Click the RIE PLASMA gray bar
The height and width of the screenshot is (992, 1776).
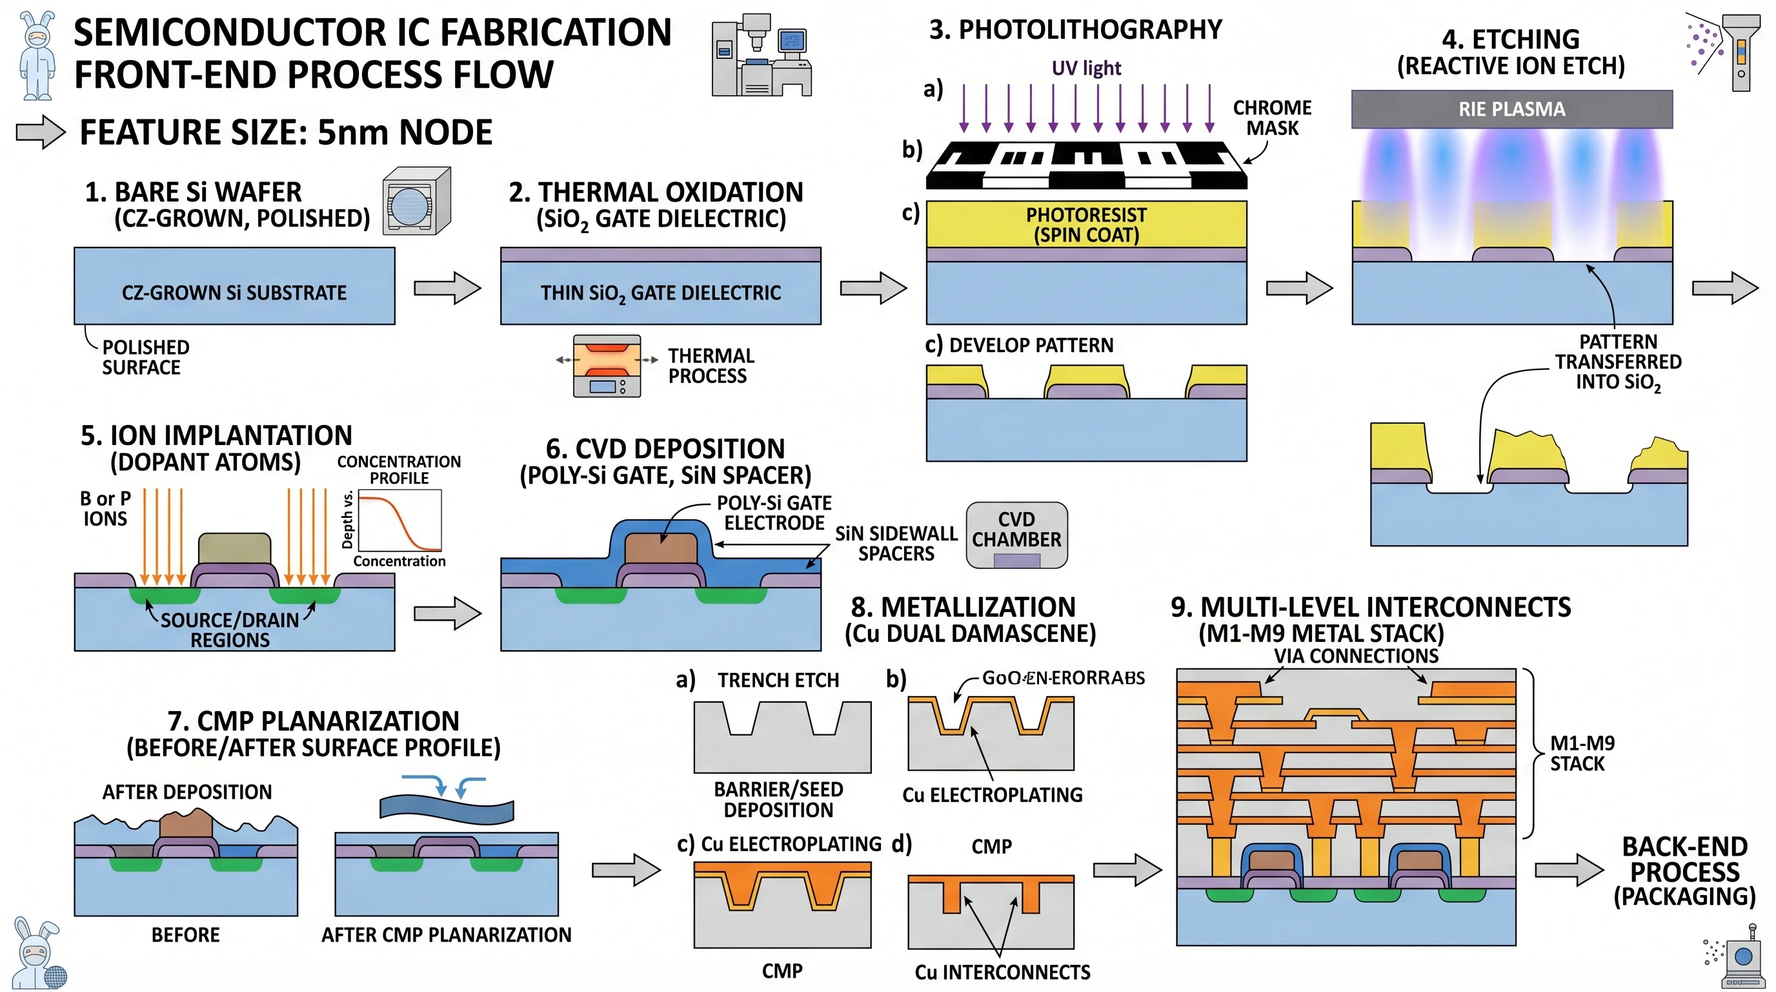[1511, 109]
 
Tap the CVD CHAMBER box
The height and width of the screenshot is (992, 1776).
[1016, 535]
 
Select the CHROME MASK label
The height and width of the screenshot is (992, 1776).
[1272, 118]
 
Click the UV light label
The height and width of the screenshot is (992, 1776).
[1086, 68]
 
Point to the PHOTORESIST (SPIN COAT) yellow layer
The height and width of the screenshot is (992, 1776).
[1086, 224]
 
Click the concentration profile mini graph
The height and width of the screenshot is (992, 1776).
[399, 521]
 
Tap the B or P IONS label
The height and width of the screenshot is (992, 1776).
[105, 508]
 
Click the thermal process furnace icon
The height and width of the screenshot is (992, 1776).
[607, 366]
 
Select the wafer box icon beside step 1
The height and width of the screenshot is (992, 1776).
[416, 201]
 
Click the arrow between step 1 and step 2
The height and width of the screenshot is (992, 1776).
[447, 287]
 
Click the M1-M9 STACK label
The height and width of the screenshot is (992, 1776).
[1582, 753]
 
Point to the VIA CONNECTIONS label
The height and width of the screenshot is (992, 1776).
[1355, 656]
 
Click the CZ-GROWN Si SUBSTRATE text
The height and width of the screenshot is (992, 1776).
[234, 293]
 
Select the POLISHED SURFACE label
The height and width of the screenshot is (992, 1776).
[145, 357]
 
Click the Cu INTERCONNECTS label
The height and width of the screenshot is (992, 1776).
[1002, 972]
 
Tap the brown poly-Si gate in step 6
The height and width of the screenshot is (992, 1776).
[660, 548]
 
